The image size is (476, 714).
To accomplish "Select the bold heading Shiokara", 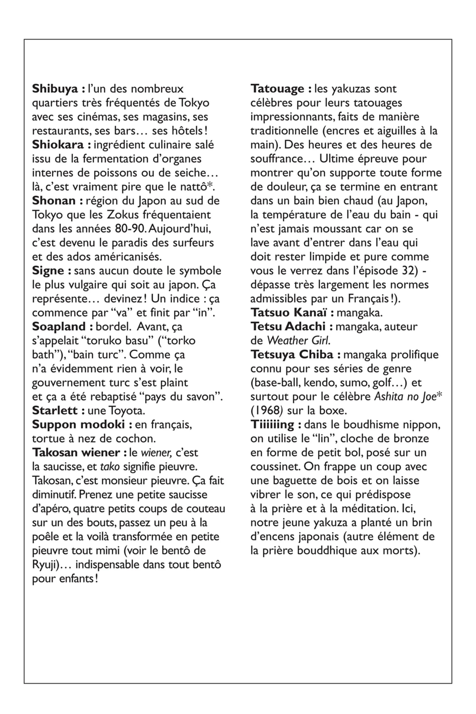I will (58, 145).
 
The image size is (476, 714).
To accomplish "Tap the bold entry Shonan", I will (54, 200).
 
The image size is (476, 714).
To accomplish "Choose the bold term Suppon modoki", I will (78, 424).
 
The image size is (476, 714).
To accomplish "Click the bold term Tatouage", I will (277, 89).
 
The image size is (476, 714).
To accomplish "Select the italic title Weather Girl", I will (298, 341).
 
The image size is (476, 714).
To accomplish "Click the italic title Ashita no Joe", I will (405, 397).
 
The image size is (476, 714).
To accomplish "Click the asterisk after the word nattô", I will (209, 186).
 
